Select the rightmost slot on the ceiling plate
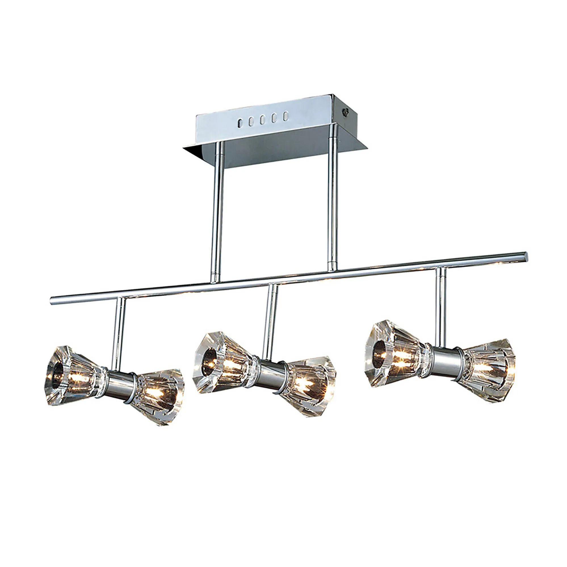(285, 116)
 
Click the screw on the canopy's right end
(344, 111)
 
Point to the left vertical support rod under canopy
(217, 214)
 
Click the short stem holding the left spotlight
(118, 333)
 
